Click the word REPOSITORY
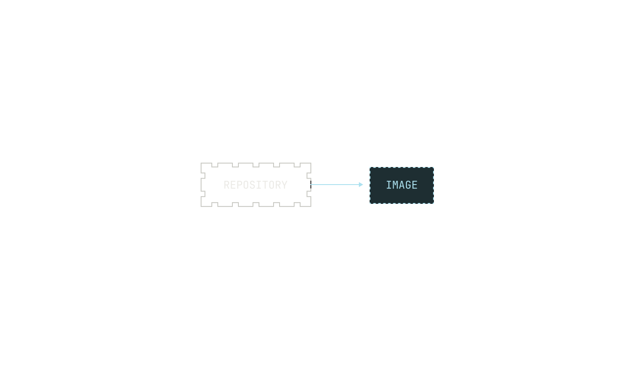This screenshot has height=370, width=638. [256, 185]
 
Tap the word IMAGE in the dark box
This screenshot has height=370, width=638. [402, 185]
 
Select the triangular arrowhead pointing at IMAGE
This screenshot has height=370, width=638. [361, 185]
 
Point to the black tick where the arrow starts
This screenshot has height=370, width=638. [311, 185]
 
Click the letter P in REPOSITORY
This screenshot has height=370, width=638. [240, 185]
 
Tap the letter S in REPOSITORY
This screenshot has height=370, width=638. [253, 185]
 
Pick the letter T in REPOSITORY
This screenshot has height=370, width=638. [265, 185]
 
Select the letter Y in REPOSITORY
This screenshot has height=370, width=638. [285, 185]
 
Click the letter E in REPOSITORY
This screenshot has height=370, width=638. [233, 185]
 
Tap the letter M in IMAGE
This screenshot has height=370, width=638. [395, 185]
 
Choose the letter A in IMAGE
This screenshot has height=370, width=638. [402, 185]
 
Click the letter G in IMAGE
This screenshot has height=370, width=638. [408, 185]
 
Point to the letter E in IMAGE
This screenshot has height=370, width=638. [415, 185]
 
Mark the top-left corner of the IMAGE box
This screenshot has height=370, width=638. [370, 167]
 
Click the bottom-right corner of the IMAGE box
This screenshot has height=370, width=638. [434, 203]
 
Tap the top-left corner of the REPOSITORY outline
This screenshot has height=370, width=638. [201, 163]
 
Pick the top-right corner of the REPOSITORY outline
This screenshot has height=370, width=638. [311, 163]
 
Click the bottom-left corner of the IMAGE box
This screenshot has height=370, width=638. [370, 203]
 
